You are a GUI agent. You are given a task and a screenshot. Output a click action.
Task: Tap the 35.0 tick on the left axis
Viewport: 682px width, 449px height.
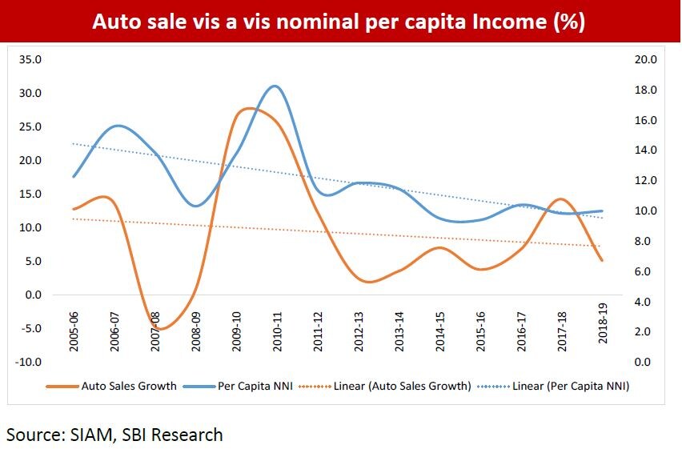click(x=29, y=59)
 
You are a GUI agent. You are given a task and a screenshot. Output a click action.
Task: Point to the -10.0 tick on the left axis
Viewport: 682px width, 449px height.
click(x=27, y=362)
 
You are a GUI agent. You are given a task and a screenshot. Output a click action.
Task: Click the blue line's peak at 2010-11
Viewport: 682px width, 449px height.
click(x=275, y=86)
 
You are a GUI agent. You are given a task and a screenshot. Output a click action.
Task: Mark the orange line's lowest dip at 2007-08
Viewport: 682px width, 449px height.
click(x=159, y=329)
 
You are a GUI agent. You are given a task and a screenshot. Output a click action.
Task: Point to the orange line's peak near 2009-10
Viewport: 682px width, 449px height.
click(x=247, y=108)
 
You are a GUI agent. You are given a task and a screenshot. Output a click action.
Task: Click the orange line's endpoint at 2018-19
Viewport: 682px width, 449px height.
click(x=601, y=260)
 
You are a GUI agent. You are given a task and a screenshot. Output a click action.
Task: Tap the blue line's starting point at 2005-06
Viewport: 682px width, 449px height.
click(x=74, y=176)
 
